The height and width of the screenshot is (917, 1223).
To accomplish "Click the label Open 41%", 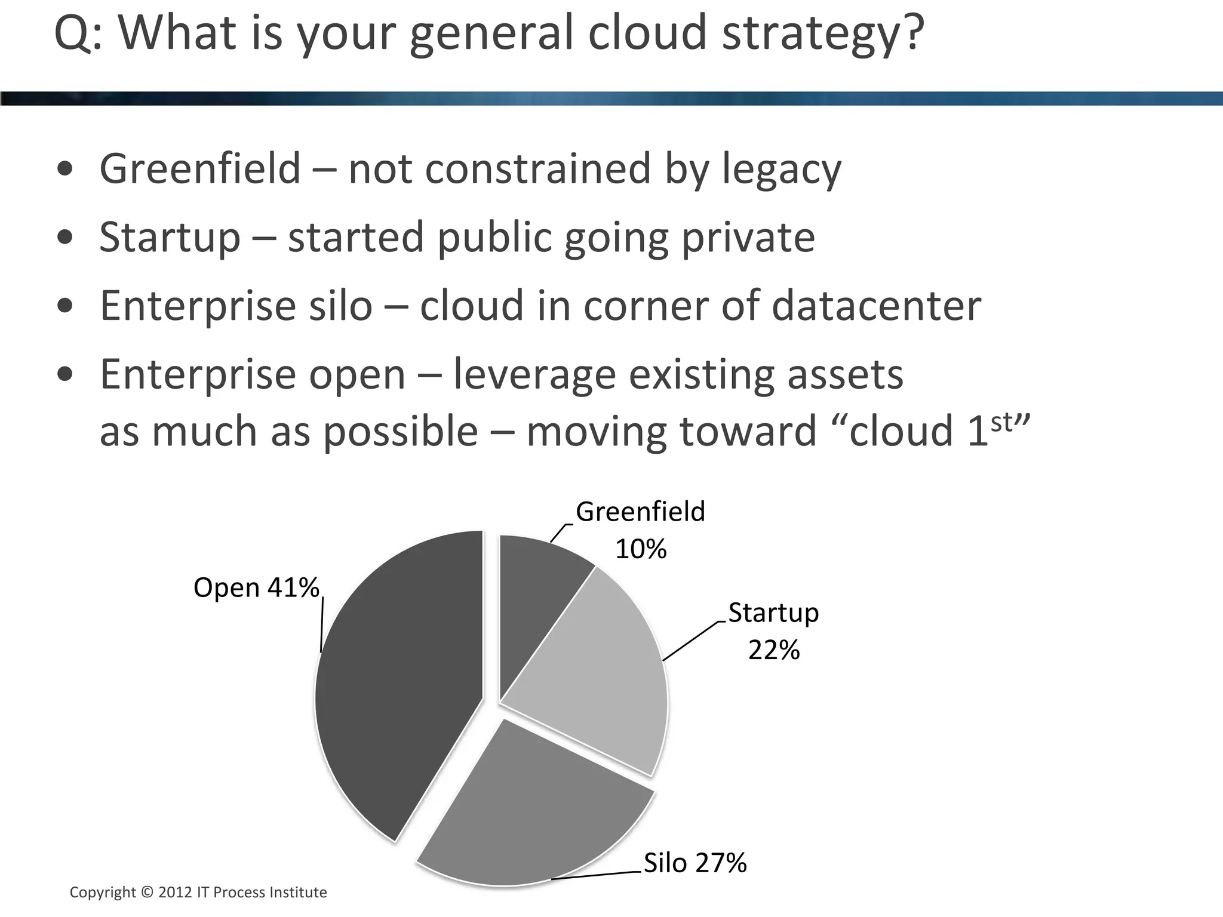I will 256,588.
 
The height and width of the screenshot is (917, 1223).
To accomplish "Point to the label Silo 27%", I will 695,863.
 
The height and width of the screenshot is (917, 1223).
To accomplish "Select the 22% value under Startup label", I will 773,650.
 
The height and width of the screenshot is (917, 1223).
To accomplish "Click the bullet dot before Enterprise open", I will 66,375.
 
